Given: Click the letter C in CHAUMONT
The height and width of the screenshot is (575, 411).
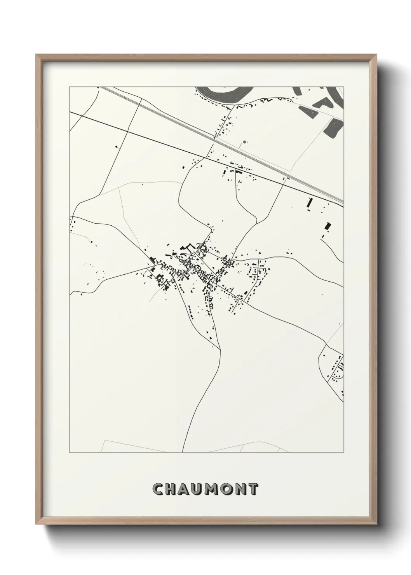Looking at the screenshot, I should tap(158, 489).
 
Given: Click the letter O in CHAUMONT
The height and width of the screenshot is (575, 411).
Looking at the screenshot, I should tap(231, 489).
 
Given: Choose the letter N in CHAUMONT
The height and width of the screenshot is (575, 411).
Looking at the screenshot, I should tap(245, 489).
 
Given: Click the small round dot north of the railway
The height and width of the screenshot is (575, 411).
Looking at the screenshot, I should tap(244, 142).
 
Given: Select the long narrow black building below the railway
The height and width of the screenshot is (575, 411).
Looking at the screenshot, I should tap(310, 203).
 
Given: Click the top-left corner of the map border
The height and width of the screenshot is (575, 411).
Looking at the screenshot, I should tap(70, 87).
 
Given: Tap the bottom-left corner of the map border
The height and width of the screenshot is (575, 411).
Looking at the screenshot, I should tap(70, 453).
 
